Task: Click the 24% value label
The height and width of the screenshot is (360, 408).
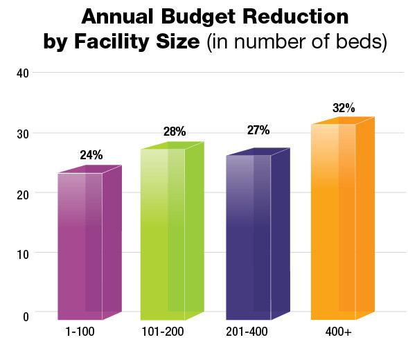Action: click(x=91, y=155)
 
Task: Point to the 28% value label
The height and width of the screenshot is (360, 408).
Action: click(x=173, y=132)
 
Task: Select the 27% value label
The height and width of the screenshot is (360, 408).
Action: click(x=258, y=130)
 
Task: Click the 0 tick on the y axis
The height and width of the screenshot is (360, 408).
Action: click(x=24, y=316)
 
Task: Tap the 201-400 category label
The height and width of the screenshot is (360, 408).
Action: click(x=247, y=332)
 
